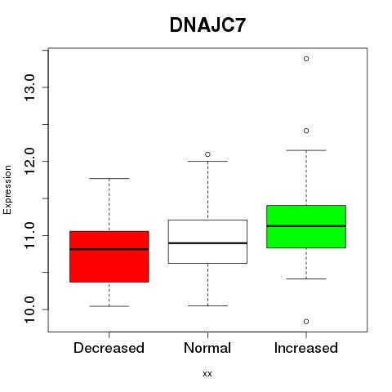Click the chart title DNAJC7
pos(207,25)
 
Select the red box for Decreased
pos(109,256)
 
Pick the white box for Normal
pos(207,242)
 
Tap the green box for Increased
pos(306,226)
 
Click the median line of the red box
pos(109,249)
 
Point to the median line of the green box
pos(306,226)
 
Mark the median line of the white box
pos(207,243)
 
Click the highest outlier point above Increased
pos(306,59)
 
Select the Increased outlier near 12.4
pos(306,131)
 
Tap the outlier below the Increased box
pos(306,322)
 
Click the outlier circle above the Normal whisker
pos(207,154)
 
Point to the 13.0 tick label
pos(29,87)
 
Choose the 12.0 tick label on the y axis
pos(29,161)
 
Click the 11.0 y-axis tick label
pos(29,235)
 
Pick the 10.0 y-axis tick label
pos(29,310)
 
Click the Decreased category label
pos(109,348)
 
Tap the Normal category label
pos(207,348)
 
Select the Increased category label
pos(306,348)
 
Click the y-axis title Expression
pos(7,189)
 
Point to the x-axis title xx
pos(207,374)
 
